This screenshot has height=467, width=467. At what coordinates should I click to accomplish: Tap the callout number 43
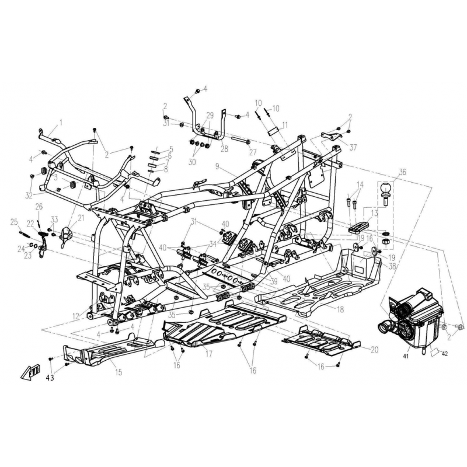tap(50, 378)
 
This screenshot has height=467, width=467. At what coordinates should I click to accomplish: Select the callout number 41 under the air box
tap(406, 356)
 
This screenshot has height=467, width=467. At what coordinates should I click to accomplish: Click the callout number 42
tap(444, 354)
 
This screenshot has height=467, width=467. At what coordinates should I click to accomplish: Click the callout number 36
tap(402, 172)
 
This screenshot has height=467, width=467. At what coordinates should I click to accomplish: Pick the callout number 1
tap(61, 122)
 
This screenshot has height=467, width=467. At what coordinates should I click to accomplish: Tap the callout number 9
tap(217, 167)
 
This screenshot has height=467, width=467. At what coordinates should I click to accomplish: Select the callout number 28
tap(224, 148)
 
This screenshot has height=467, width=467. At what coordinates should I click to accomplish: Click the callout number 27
tap(253, 152)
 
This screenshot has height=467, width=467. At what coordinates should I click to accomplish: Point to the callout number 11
tap(285, 125)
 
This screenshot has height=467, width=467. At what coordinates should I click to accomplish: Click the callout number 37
tap(353, 147)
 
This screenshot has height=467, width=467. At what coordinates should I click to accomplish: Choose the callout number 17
tap(208, 354)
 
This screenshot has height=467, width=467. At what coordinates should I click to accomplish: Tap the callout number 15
tap(119, 372)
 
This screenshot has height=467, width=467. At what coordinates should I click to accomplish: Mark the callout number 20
tap(374, 349)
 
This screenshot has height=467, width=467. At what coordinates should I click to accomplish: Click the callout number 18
tap(340, 309)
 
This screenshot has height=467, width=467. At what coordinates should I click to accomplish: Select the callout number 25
tap(14, 222)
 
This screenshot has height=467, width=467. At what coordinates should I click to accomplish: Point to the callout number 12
tap(76, 316)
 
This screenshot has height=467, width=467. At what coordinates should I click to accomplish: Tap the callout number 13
tap(374, 213)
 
